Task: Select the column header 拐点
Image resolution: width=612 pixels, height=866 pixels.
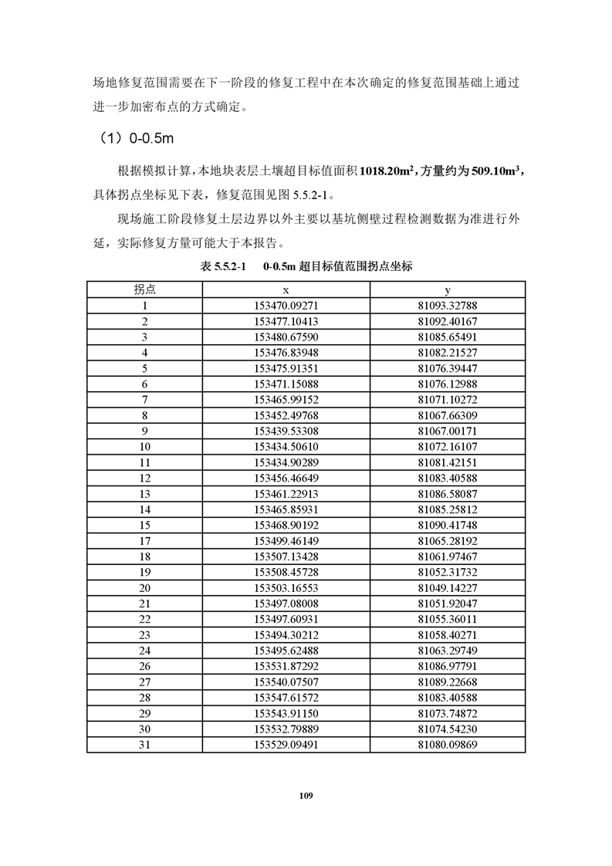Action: click(144, 289)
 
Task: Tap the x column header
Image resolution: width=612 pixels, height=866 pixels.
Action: click(286, 289)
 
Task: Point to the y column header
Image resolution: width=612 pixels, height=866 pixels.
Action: click(448, 289)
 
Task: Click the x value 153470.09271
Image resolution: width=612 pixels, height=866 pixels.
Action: click(286, 305)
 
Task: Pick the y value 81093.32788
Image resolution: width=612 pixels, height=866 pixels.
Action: click(448, 305)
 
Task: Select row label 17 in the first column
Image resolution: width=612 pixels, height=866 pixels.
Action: click(144, 541)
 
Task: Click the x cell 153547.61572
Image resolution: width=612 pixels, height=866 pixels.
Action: click(286, 698)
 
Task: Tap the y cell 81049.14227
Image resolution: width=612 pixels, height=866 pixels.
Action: click(448, 588)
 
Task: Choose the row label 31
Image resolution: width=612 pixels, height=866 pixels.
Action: click(144, 745)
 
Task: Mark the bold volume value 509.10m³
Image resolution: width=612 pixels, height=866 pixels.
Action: click(489, 171)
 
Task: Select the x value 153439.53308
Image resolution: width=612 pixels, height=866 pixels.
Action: click(286, 431)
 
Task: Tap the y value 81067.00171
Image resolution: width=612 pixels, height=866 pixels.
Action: click(448, 431)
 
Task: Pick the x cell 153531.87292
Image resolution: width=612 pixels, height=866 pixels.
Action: click(286, 667)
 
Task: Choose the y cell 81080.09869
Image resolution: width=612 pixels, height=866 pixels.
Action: click(448, 745)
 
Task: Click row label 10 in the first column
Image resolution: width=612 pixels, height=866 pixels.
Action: click(144, 446)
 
